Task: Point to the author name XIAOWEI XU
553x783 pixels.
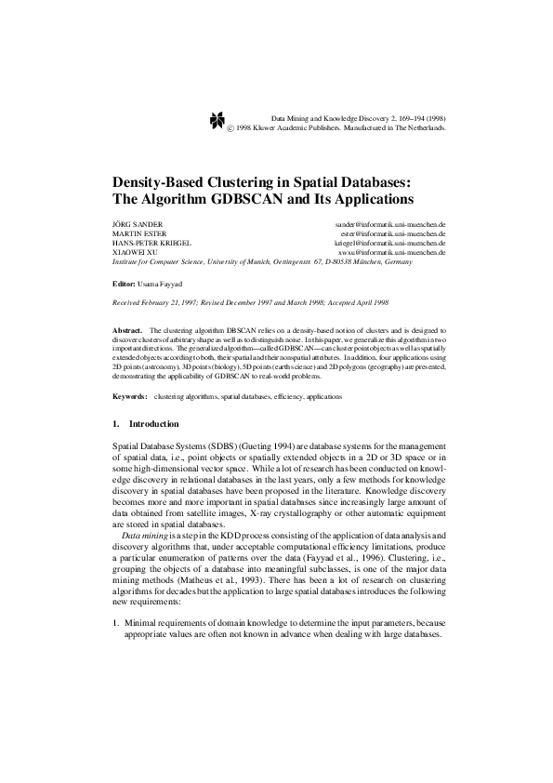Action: (131, 253)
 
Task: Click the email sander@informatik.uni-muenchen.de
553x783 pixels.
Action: (390, 226)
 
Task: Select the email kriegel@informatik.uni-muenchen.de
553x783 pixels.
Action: (390, 244)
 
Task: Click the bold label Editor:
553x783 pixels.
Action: (124, 281)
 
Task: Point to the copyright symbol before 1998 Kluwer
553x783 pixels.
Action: (230, 128)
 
